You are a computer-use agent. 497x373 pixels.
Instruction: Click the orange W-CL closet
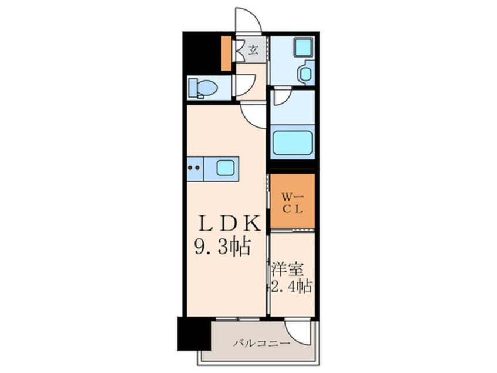click(293, 201)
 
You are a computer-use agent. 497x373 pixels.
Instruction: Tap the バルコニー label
click(261, 343)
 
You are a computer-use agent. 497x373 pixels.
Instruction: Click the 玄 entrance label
click(253, 49)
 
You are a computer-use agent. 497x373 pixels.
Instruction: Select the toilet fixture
click(203, 89)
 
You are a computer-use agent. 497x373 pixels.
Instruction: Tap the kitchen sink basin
click(226, 168)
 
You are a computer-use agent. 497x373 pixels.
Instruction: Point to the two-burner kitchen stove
click(194, 168)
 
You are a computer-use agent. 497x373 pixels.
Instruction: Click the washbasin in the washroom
click(305, 74)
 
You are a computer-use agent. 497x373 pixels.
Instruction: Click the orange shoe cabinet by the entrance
click(226, 53)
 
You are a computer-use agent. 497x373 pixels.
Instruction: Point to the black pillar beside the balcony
click(194, 334)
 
